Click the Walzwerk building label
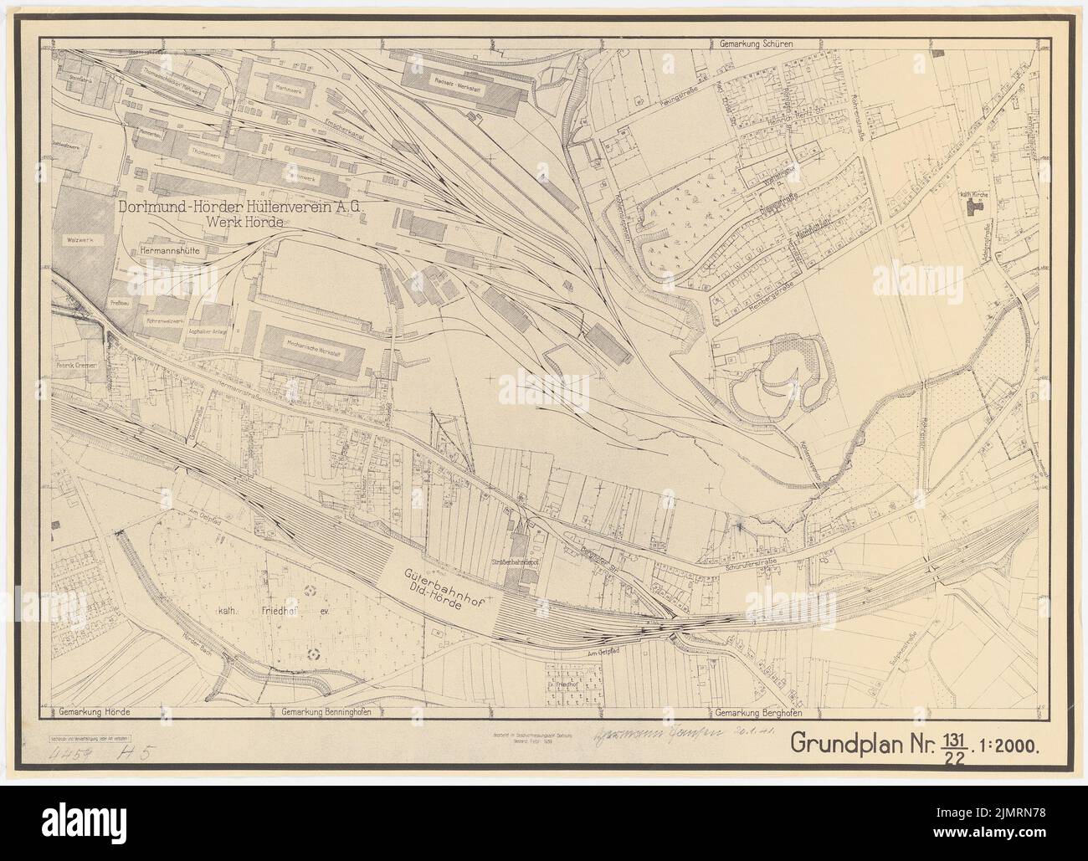(74, 239)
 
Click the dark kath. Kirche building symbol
(972, 207)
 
